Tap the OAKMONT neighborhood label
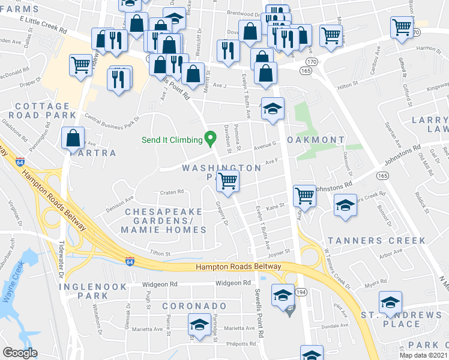pos(316,140)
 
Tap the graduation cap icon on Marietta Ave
pos(197,325)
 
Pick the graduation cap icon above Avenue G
pos(273,109)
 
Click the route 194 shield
pos(300,292)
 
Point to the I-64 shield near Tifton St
pos(130,260)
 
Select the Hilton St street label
pos(348,86)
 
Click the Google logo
pos(20,353)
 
